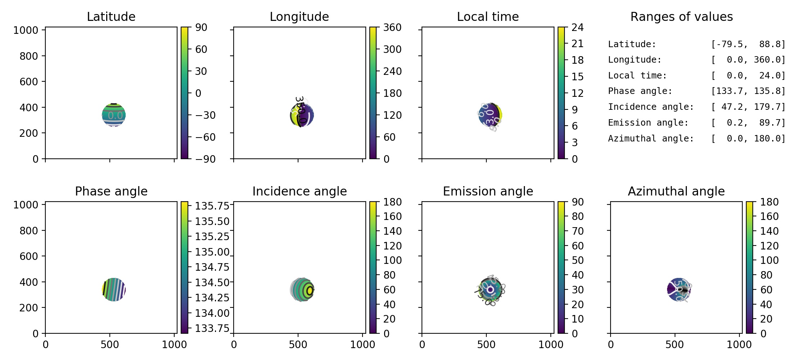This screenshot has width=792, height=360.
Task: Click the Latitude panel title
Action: (111, 17)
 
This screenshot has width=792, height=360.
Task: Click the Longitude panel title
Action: (299, 17)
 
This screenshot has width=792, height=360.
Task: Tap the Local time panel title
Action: (488, 17)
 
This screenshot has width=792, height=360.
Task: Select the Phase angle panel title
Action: (111, 191)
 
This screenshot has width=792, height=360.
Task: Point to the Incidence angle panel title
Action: (299, 191)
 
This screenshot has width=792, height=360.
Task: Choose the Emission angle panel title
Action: (488, 191)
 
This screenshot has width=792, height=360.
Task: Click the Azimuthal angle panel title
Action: (676, 191)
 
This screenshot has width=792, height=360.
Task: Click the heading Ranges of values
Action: (681, 17)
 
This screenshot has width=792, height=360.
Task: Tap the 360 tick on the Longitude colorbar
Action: (392, 27)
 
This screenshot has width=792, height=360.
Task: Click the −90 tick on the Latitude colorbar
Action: (205, 159)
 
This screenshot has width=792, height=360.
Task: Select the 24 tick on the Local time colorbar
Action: (577, 27)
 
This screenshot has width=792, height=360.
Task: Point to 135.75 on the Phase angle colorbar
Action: (212, 206)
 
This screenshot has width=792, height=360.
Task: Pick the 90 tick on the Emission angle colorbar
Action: (577, 202)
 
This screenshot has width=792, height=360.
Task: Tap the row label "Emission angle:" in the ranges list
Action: (648, 123)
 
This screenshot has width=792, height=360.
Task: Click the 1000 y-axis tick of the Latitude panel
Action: (26, 30)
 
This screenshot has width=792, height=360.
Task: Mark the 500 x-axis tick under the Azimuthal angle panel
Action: (674, 345)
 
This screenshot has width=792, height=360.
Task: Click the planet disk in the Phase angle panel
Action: (114, 289)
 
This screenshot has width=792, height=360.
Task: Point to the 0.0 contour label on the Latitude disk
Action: (115, 116)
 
